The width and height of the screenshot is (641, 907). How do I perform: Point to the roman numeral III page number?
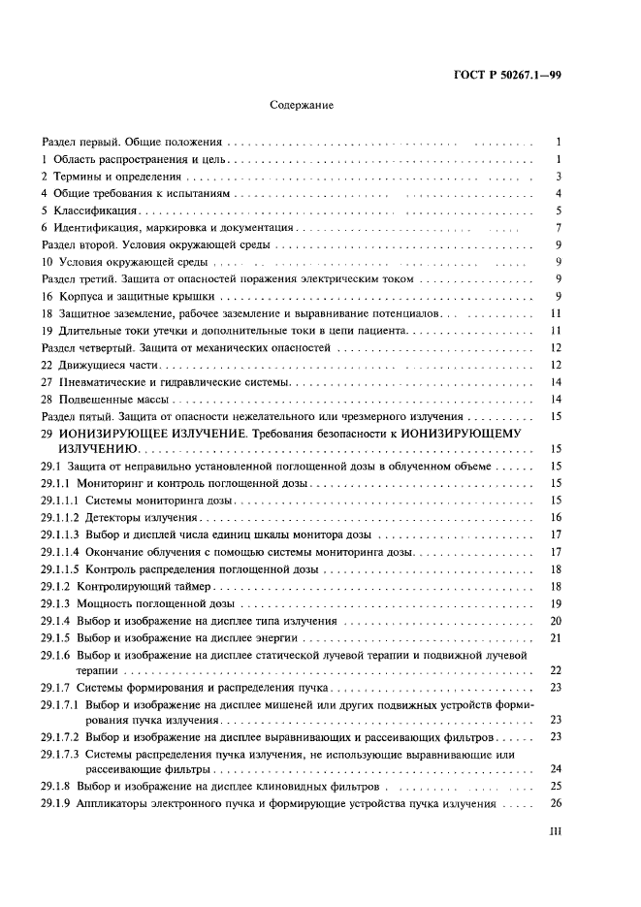[x=556, y=831]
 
